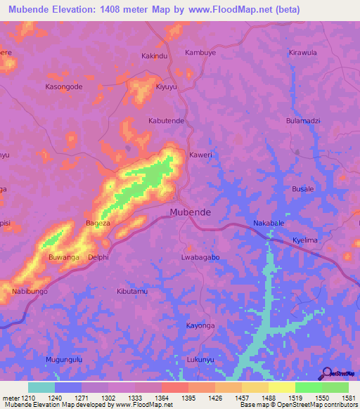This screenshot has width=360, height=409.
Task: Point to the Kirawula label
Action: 303,53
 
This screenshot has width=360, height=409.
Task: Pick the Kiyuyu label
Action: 166,86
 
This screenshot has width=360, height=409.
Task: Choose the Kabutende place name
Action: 166,121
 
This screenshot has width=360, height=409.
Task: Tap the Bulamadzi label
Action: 303,121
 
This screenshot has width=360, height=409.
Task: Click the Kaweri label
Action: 200,155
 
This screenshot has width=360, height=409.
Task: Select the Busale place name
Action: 303,189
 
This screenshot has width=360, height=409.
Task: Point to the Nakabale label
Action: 269,223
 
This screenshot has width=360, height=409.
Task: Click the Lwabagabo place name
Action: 200,257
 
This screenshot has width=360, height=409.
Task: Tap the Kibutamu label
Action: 132,291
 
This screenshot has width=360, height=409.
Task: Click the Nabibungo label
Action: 30,291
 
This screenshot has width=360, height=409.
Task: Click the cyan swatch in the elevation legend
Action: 41,387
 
